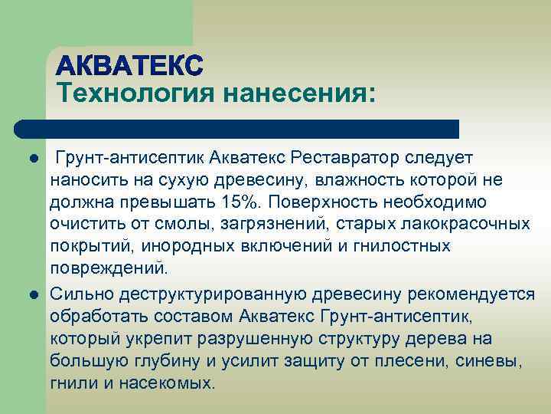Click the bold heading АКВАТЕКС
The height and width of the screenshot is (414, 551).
129,65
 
